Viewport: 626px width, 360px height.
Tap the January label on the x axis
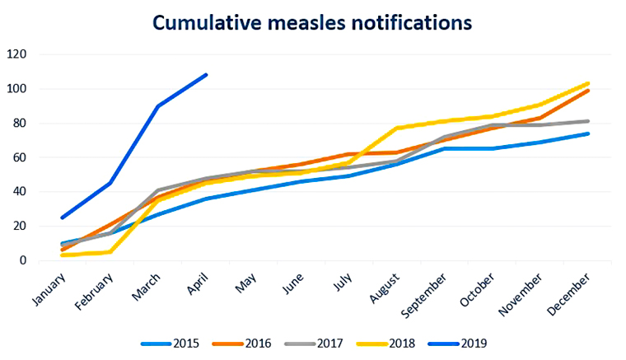[x=48, y=287]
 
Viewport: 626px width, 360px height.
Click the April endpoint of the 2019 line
[x=206, y=75]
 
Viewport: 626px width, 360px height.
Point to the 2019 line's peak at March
[x=157, y=106]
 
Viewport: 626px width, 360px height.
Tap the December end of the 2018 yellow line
[x=588, y=83]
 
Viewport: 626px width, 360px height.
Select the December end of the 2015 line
[x=588, y=133]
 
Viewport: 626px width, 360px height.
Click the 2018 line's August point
[x=397, y=128]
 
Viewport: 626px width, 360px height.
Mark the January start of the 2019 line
[x=62, y=217]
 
